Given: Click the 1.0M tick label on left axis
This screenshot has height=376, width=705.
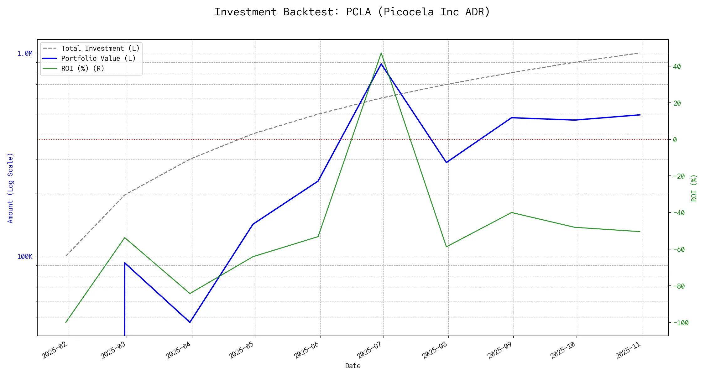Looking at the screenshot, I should pyautogui.click(x=25, y=54).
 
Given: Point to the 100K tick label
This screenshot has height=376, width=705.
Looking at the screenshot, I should pyautogui.click(x=25, y=257).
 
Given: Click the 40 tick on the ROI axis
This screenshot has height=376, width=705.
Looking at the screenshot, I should pyautogui.click(x=677, y=66).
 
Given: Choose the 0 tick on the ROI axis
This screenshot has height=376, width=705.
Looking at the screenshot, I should pyautogui.click(x=675, y=140).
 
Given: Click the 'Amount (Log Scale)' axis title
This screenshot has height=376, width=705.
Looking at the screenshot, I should pyautogui.click(x=11, y=188).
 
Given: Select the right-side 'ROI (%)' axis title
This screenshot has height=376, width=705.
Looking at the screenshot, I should pyautogui.click(x=694, y=188).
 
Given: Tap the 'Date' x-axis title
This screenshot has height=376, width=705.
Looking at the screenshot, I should pyautogui.click(x=353, y=366).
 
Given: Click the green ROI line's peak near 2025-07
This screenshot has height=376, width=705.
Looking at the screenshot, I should pyautogui.click(x=381, y=53).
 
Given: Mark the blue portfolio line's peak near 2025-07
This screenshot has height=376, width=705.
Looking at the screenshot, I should pyautogui.click(x=381, y=64).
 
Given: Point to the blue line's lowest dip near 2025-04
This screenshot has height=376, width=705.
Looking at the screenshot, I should pyautogui.click(x=190, y=322).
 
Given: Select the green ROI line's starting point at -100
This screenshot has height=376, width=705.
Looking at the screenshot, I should pyautogui.click(x=66, y=322).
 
